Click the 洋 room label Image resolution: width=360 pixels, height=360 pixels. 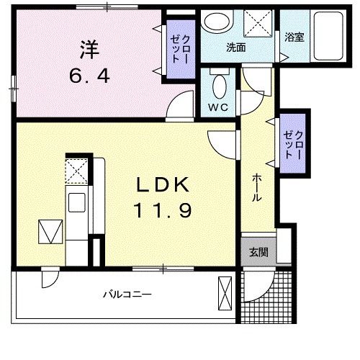[89, 50]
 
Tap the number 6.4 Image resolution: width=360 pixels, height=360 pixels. [89, 76]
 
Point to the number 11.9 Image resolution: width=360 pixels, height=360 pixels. [163, 212]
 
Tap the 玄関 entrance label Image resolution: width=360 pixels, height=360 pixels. [258, 252]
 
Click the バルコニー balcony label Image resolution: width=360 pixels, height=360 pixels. [126, 294]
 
